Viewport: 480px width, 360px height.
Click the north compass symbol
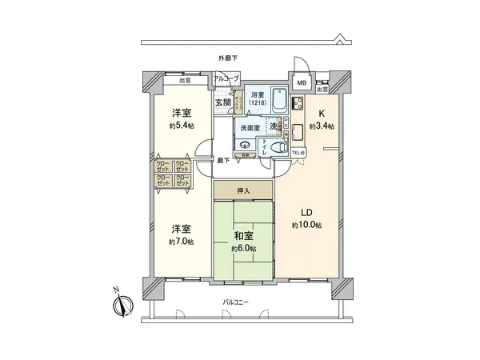[x=122, y=304]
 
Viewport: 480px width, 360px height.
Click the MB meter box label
[x=302, y=82]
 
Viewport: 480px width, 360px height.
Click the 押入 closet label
[x=242, y=190]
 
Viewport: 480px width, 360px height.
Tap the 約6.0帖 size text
[x=243, y=249]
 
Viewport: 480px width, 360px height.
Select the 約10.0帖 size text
[x=306, y=226]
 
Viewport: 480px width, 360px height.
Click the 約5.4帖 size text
[x=180, y=126]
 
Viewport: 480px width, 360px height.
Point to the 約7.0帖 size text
[x=180, y=242]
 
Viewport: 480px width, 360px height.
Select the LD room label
[x=306, y=212]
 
